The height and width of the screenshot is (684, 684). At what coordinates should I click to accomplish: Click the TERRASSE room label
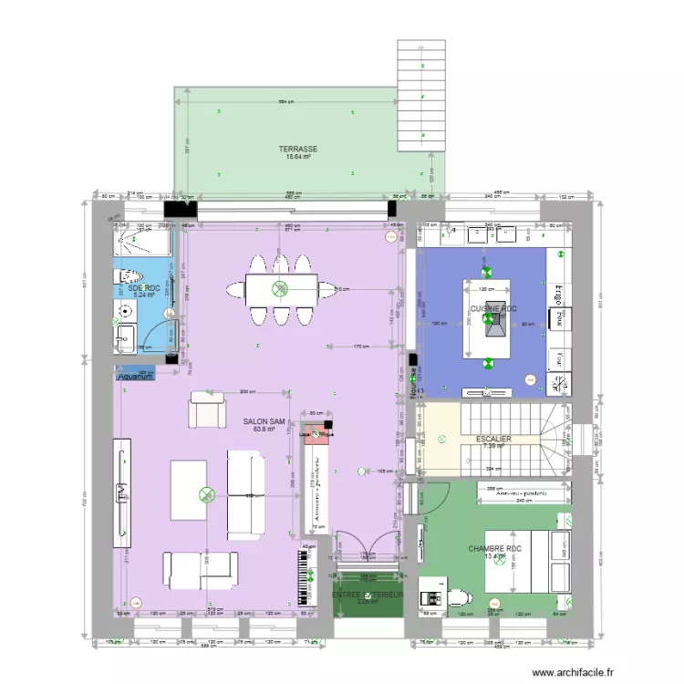[298, 149]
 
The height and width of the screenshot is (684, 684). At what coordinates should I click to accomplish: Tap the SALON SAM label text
[264, 422]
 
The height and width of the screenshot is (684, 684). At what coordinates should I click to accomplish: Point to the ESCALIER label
[493, 439]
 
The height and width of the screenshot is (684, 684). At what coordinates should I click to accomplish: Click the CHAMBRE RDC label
[493, 549]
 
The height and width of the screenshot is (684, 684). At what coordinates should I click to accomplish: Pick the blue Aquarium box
[135, 375]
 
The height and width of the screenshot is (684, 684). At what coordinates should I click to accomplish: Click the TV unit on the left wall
[121, 492]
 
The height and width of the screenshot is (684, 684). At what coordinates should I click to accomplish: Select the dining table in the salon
[280, 289]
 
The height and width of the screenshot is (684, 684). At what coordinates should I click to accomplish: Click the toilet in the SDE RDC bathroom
[128, 275]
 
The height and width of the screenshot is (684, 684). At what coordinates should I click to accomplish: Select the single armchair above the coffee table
[205, 410]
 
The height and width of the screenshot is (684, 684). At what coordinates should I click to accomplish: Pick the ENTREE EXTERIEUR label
[368, 595]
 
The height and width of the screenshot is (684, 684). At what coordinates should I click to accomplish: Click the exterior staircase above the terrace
[421, 96]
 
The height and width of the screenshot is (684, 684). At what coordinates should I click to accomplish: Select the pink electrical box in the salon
[316, 430]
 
